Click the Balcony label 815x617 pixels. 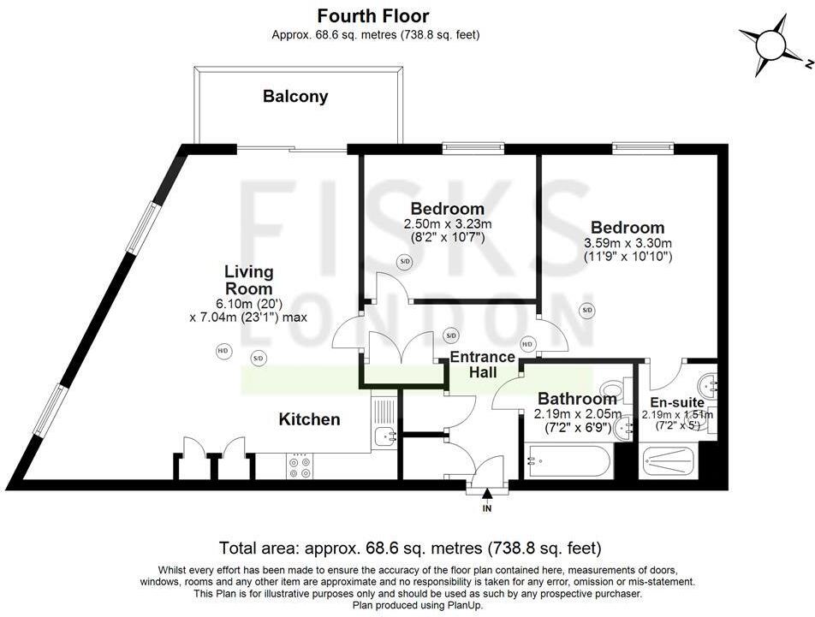point(295,97)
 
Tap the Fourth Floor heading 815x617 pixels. point(373,16)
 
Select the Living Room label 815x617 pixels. point(248,280)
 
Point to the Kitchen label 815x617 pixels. point(309,419)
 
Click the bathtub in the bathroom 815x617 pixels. point(568,460)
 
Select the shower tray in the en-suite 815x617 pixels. point(669,460)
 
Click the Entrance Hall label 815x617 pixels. point(482,365)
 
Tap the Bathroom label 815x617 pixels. point(578,399)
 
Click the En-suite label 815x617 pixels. point(677,402)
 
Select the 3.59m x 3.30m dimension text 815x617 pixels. point(628,243)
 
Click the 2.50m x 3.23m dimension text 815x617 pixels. point(448,224)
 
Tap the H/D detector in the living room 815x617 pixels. point(223,351)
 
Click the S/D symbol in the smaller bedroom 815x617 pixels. point(404,261)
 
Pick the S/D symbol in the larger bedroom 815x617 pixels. point(587,311)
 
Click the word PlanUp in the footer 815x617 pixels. point(465,605)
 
